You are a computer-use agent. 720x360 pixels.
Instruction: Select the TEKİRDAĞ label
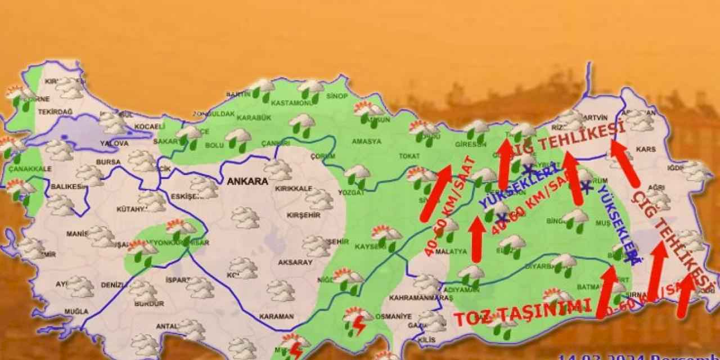pyautogui.click(x=55, y=112)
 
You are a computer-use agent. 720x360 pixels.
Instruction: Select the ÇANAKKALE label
pyautogui.click(x=30, y=168)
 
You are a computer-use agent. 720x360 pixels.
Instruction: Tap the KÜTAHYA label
pyautogui.click(x=131, y=209)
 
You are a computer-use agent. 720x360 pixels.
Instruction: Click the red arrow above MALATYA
pyautogui.click(x=477, y=239)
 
